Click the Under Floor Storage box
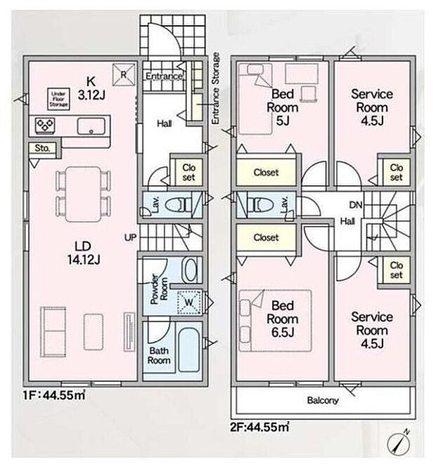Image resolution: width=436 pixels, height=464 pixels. click(58, 99)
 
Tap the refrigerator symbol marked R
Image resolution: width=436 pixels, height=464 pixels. click(123, 74)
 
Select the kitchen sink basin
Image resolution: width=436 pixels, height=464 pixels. click(91, 126)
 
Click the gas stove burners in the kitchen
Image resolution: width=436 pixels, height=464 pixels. click(45, 125)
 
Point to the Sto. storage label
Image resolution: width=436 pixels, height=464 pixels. click(42, 148)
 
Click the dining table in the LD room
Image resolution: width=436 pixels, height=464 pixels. click(84, 194)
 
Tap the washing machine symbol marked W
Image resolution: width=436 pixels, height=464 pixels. click(188, 303)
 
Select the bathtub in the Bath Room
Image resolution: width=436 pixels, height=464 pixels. click(188, 350)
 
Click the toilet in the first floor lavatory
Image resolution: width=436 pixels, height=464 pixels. click(178, 205)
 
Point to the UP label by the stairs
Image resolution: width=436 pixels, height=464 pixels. click(130, 237)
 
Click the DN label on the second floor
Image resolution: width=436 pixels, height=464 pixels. click(356, 205)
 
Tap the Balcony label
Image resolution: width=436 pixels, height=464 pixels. click(323, 401)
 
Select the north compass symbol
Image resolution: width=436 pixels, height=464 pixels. click(399, 444)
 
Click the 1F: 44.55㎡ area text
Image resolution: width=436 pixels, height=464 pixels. click(54, 395)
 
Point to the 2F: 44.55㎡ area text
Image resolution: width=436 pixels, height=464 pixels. click(259, 427)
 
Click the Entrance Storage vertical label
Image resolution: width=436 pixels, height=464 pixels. click(215, 88)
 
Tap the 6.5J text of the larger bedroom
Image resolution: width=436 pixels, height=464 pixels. click(283, 332)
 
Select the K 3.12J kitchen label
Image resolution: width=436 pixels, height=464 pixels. click(91, 88)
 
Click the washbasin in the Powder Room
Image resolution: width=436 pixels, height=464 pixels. click(191, 270)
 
